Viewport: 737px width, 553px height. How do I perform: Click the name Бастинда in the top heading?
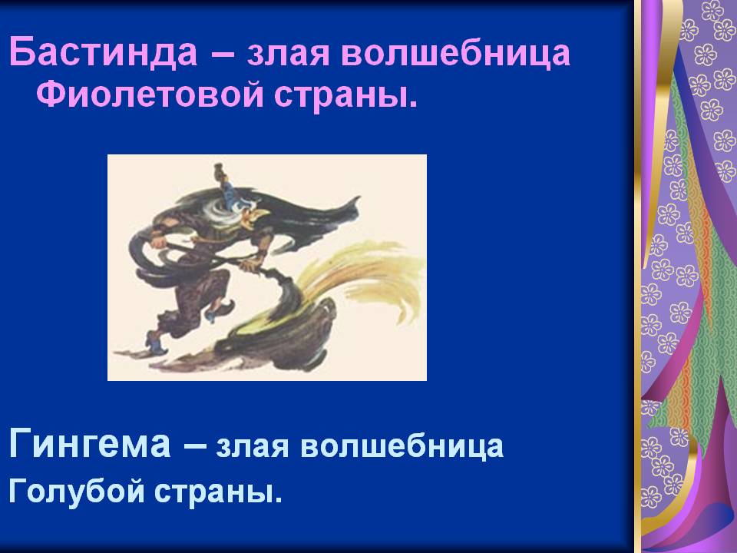click(x=103, y=51)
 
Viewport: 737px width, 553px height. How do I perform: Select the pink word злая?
click(x=288, y=54)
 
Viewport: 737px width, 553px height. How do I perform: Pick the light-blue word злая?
click(x=252, y=447)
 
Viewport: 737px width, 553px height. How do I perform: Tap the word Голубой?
click(x=76, y=491)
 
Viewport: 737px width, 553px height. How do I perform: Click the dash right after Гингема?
click(x=194, y=445)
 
